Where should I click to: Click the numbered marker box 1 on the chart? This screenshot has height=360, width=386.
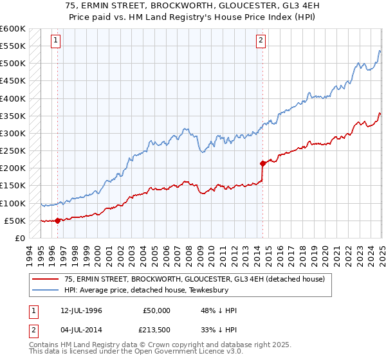tap(56, 40)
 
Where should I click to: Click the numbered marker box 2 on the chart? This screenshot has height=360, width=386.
tap(261, 40)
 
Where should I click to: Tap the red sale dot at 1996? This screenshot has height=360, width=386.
tap(58, 221)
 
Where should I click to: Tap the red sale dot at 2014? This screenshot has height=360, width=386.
tap(262, 163)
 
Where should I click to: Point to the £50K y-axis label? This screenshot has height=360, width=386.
tap(15, 221)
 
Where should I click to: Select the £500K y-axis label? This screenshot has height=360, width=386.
tap(12, 63)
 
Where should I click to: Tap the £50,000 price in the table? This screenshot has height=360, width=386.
tap(156, 310)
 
